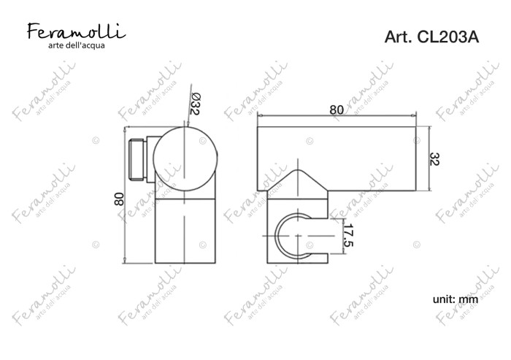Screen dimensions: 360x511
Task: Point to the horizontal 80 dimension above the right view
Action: (x=337, y=109)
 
